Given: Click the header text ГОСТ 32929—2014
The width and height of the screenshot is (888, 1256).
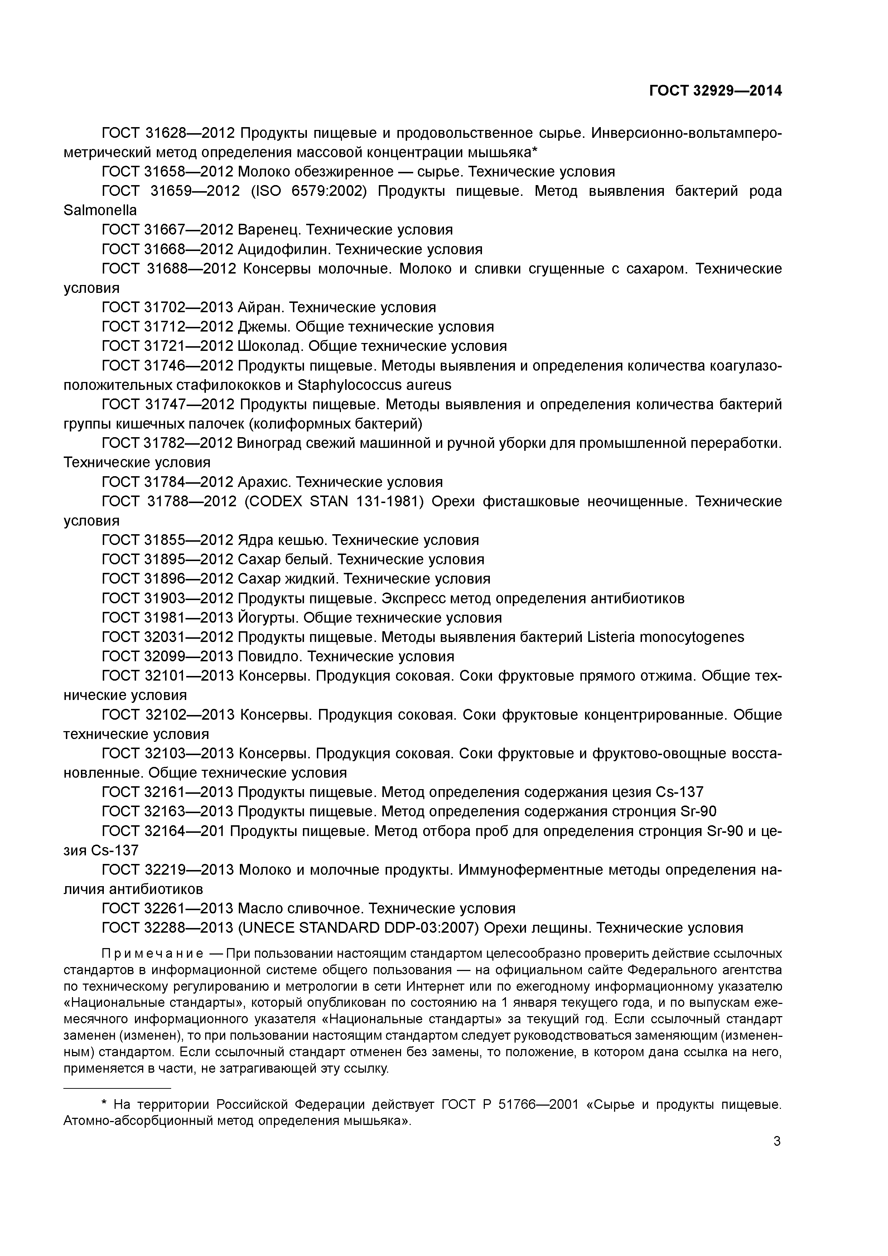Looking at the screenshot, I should (x=715, y=91).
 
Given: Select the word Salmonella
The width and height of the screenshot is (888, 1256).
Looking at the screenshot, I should (x=100, y=210).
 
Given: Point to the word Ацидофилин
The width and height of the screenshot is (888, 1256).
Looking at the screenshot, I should (x=285, y=250).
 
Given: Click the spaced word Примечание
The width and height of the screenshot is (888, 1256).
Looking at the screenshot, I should (x=153, y=953).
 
